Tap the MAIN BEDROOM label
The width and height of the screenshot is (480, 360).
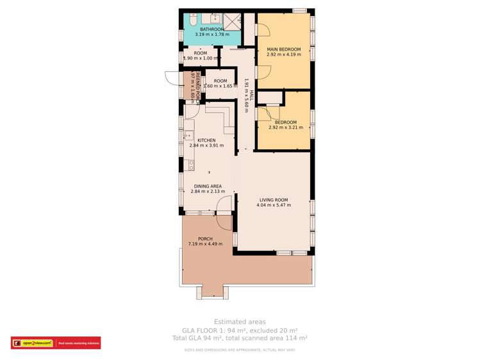click(x=283, y=49)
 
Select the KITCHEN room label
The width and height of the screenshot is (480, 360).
click(x=206, y=140)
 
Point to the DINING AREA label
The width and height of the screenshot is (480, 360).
click(x=206, y=186)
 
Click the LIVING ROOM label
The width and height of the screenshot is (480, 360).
click(x=274, y=200)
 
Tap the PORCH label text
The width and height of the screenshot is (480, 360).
click(x=205, y=239)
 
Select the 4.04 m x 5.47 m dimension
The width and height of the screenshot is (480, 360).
click(x=274, y=206)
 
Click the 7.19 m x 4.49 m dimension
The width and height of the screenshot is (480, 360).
click(x=205, y=244)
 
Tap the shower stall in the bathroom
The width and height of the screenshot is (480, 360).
click(x=231, y=20)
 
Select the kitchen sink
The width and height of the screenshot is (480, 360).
click(x=188, y=136)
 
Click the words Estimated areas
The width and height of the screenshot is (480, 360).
click(x=240, y=322)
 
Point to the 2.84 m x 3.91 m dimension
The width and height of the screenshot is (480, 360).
click(x=206, y=145)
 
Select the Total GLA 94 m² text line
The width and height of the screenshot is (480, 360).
click(x=240, y=338)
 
